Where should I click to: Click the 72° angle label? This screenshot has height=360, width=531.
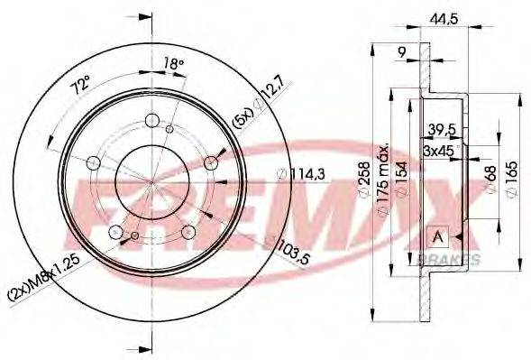82,89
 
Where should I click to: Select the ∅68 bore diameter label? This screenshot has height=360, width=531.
490,178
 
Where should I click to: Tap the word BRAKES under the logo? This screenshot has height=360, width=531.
447,259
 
